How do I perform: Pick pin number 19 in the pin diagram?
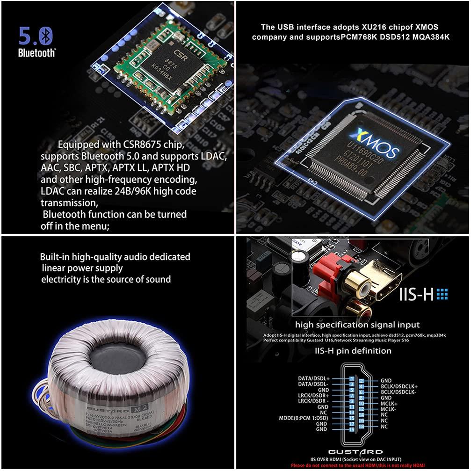(x=351, y=429)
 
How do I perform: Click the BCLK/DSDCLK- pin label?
(x=399, y=392)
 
